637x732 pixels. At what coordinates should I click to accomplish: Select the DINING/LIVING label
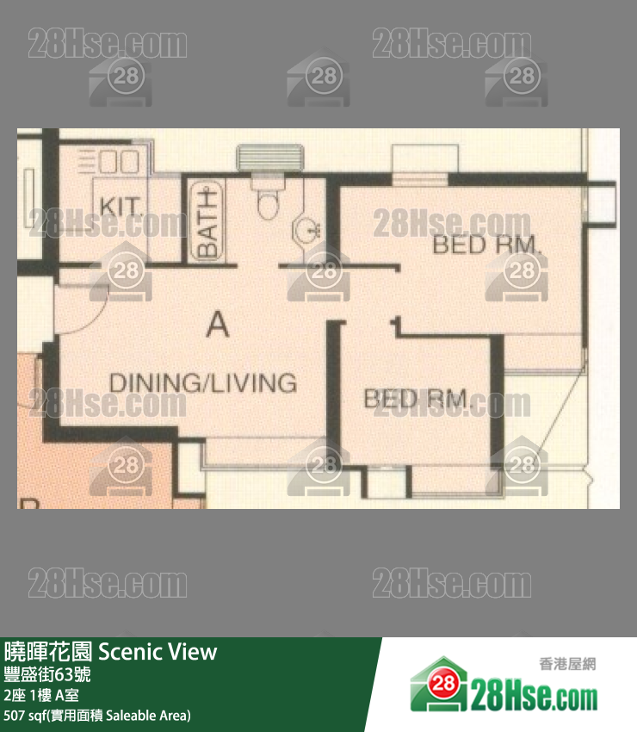click(202, 382)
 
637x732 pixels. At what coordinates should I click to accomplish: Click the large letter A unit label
click(219, 325)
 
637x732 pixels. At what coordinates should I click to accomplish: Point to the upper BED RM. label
click(487, 245)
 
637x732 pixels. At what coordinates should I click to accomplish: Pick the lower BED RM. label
click(417, 399)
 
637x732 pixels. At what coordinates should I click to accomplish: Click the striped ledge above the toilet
click(267, 158)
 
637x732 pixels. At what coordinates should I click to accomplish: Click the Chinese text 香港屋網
click(567, 664)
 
